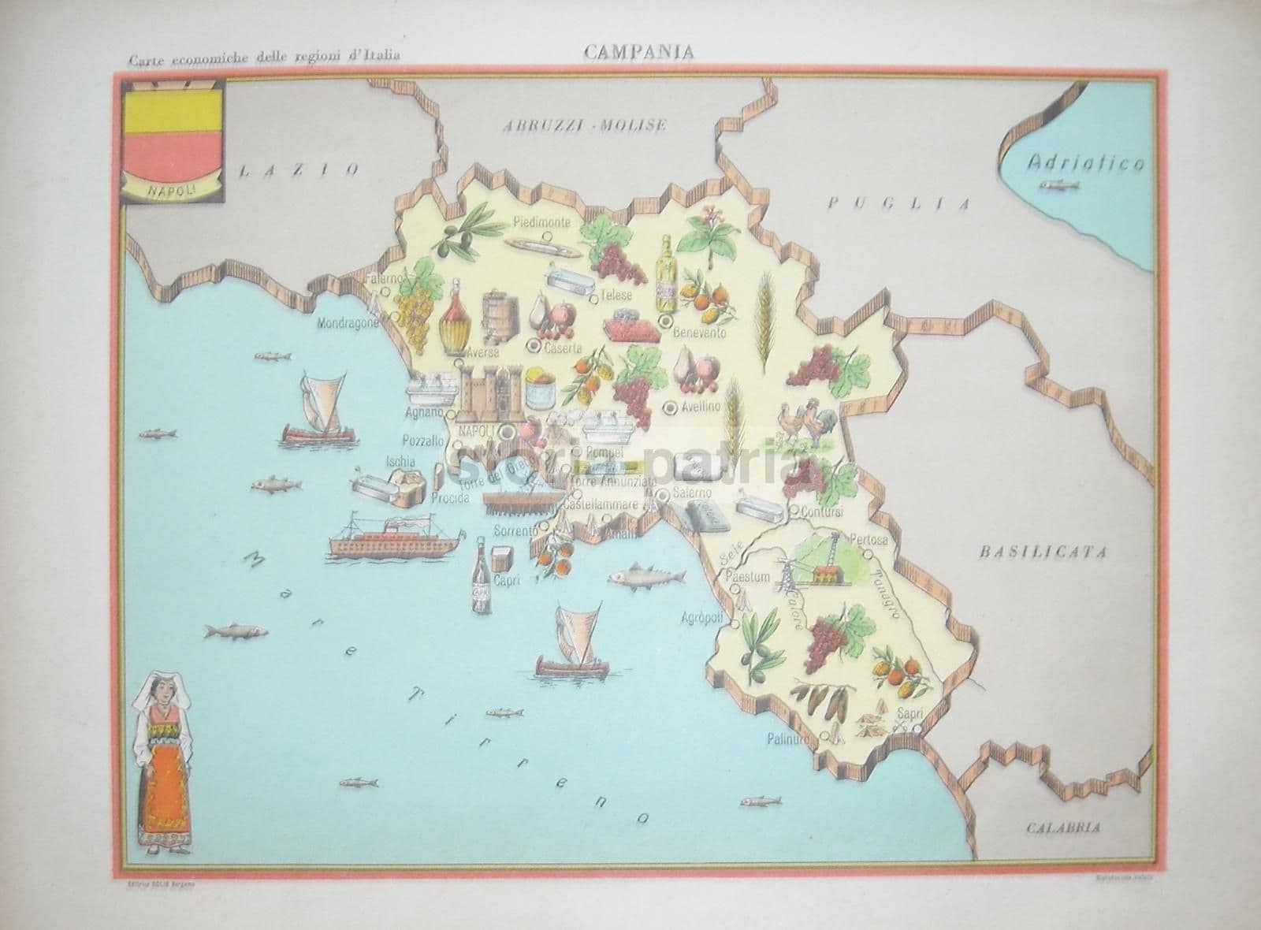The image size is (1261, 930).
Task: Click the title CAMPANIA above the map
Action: click(x=638, y=51)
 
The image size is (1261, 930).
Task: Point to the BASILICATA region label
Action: click(x=1043, y=552)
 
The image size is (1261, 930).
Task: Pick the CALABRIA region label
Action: click(x=1063, y=828)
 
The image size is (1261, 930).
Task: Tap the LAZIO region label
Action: click(x=300, y=168)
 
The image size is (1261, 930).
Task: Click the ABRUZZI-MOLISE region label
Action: click(x=587, y=125)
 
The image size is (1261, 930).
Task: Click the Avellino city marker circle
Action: click(x=670, y=407)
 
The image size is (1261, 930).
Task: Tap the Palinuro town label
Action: click(x=791, y=739)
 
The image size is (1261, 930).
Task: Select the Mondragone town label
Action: click(x=347, y=323)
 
